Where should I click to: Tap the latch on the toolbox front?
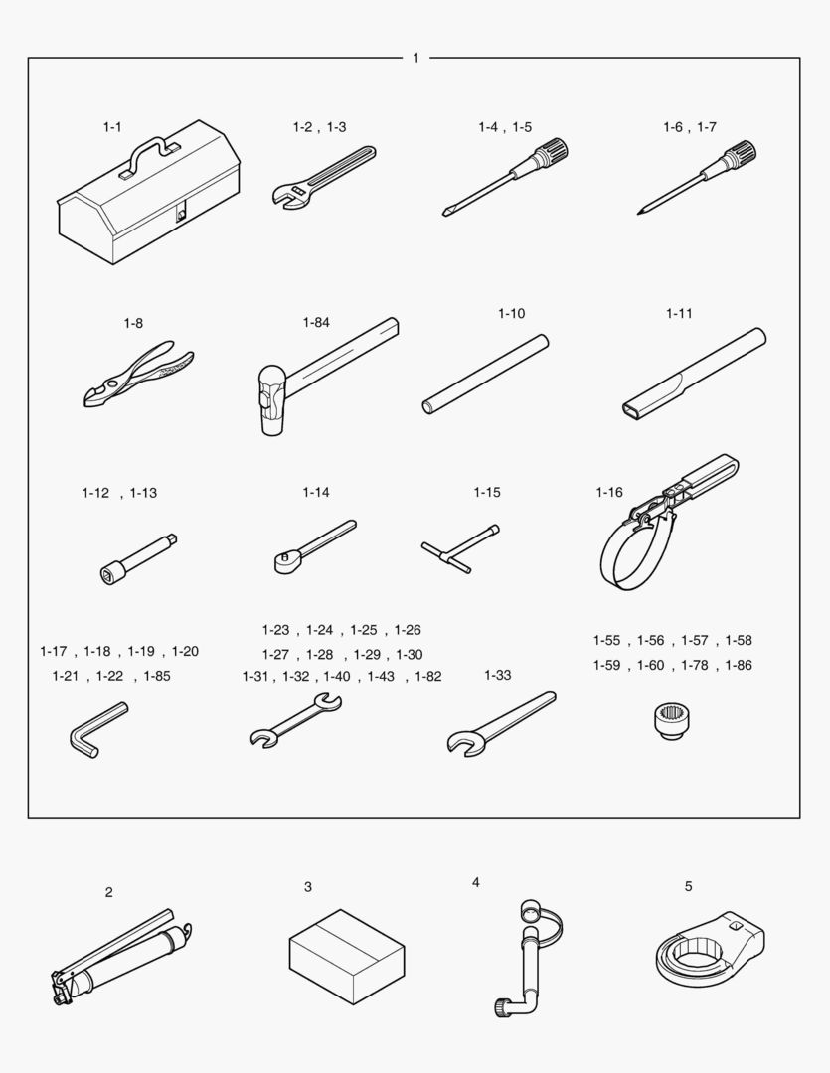[181, 215]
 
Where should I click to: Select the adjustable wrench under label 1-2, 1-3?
[324, 176]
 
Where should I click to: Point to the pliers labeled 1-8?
[139, 374]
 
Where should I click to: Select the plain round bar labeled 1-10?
[485, 375]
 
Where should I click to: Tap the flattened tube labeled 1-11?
[695, 375]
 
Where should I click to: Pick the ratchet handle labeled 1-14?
[315, 546]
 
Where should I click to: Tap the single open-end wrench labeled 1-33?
[501, 723]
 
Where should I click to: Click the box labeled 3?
[347, 956]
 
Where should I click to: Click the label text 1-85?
[157, 676]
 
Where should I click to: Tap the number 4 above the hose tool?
[476, 883]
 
